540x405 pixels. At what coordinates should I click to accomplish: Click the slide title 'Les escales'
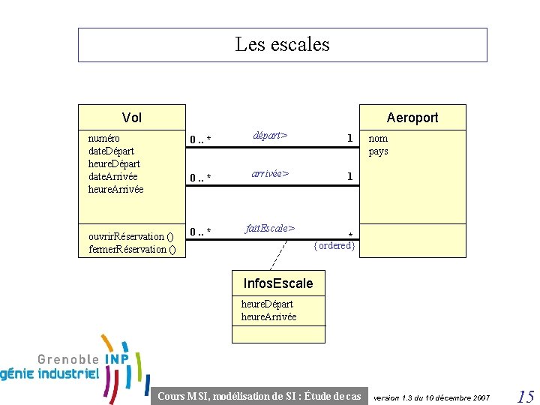point(282,44)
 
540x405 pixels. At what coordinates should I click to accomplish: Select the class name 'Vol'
point(132,117)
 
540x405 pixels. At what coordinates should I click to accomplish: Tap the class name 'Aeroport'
point(412,117)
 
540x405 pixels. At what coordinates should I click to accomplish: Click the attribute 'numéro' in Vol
point(104,138)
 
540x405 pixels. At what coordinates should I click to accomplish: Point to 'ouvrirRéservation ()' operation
point(131,236)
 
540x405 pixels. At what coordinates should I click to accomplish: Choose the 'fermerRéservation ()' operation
point(132,249)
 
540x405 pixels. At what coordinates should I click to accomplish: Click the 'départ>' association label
point(270,136)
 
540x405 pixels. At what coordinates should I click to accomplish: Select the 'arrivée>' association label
point(271,173)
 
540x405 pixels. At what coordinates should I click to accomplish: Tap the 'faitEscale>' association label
point(270,227)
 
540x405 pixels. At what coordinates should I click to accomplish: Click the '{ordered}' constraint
point(334,245)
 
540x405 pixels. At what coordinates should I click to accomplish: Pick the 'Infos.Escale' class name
point(278,283)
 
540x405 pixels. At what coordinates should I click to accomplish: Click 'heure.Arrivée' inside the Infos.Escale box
point(268,316)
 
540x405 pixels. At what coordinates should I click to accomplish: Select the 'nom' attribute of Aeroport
point(378,138)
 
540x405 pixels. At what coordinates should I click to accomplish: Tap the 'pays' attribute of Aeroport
point(378,151)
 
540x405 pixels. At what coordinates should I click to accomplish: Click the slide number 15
point(525,395)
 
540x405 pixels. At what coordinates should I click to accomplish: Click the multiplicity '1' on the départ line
point(349,138)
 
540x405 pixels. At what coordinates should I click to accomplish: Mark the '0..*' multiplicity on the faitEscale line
point(200,230)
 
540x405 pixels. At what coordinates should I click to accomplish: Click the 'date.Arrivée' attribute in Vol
point(112,176)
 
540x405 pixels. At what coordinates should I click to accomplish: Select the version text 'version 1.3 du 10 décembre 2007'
point(431,397)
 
